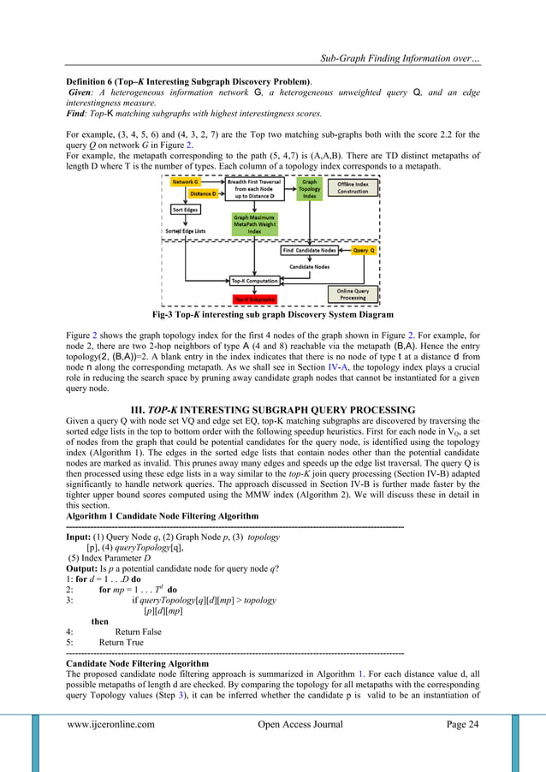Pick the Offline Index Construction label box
[353, 187]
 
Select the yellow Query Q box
[363, 250]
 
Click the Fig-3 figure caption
[272, 313]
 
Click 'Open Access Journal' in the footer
[300, 725]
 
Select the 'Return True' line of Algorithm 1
[121, 643]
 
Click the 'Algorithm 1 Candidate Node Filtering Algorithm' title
[162, 516]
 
